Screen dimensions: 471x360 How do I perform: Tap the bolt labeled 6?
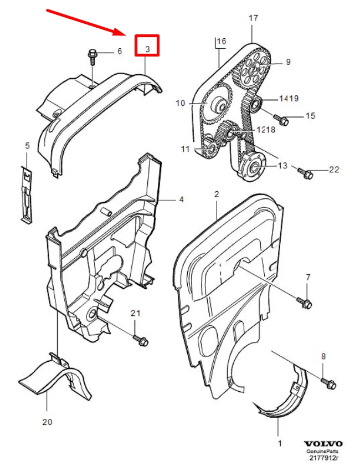pyautogui.click(x=92, y=55)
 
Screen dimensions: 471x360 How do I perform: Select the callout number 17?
pyautogui.click(x=253, y=18)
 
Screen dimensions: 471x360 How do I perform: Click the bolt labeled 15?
pyautogui.click(x=281, y=118)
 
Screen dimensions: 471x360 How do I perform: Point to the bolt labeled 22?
pyautogui.click(x=306, y=173)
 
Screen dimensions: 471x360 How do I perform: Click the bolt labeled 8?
pyautogui.click(x=329, y=383)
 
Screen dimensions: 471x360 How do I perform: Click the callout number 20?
pyautogui.click(x=47, y=422)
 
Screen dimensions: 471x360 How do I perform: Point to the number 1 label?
pyautogui.click(x=280, y=443)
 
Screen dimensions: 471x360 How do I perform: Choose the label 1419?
pyautogui.click(x=289, y=99)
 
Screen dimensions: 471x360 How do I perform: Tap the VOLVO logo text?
pyautogui.click(x=323, y=444)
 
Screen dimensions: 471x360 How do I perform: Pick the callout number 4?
pyautogui.click(x=181, y=199)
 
